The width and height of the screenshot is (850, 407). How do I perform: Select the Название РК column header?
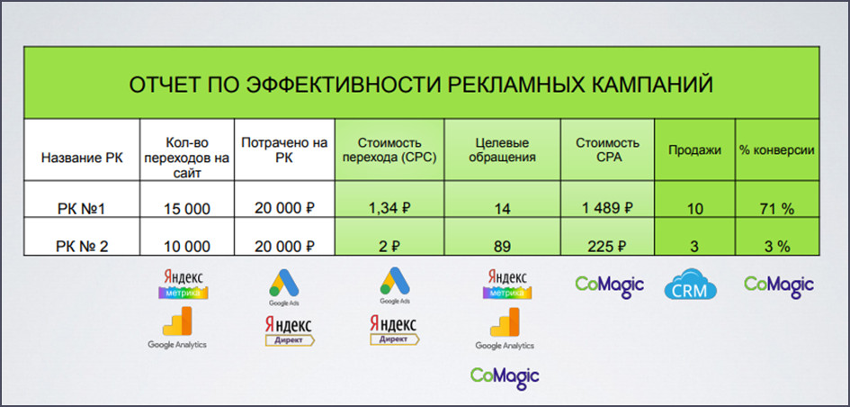point(82,158)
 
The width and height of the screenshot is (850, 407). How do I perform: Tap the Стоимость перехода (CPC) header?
point(389,150)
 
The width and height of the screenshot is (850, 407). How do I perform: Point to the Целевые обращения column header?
point(502,150)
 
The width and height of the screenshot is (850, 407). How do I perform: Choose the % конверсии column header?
point(777,150)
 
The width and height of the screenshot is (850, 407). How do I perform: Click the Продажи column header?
point(694,150)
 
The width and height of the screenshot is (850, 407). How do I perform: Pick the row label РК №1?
point(82,209)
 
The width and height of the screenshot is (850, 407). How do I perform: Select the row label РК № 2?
point(82,247)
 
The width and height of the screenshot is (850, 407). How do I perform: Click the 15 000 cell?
point(187,209)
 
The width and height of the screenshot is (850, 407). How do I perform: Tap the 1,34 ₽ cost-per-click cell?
point(389,208)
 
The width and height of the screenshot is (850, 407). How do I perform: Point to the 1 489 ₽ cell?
point(607,208)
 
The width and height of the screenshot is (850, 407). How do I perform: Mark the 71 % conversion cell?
point(777,209)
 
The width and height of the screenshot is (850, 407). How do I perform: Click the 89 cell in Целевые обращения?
point(502,247)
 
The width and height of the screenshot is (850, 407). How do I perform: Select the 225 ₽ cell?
point(607,247)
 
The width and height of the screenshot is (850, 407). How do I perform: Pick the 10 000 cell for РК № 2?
point(187,247)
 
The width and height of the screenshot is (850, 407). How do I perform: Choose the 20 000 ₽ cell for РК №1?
point(284,208)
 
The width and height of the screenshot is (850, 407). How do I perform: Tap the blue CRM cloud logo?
point(690,284)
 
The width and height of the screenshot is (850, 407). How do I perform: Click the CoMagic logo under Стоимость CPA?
point(609,285)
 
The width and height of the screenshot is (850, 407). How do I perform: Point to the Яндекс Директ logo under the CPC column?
point(394,330)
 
